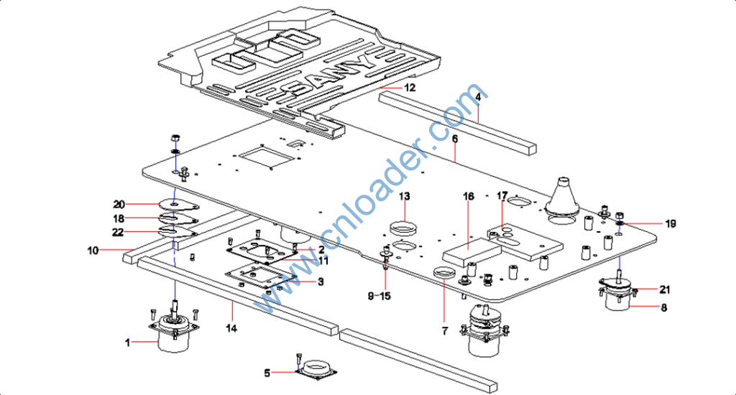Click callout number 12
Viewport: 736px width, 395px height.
point(409,88)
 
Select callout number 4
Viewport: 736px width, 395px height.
point(478,96)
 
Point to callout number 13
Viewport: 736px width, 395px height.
point(405,196)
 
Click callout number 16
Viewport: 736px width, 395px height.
point(469,196)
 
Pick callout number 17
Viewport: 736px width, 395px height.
point(502,195)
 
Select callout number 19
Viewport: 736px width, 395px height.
point(671,224)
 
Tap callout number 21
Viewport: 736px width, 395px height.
point(665,289)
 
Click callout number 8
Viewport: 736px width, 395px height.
point(663,307)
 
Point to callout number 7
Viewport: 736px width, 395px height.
point(444,331)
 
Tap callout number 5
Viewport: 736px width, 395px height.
point(267,373)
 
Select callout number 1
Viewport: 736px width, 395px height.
point(128,343)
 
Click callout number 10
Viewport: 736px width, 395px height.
point(93,251)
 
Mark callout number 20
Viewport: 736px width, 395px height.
point(119,203)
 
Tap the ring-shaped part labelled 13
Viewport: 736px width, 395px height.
point(404,229)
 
